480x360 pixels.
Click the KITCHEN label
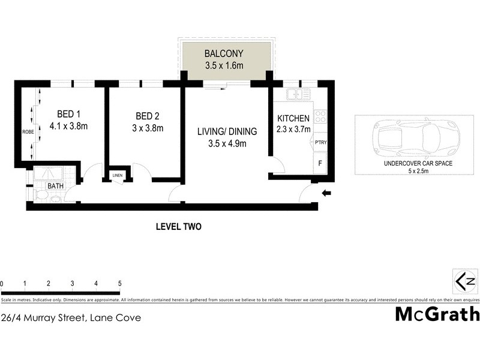293,119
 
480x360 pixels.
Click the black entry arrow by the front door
326,193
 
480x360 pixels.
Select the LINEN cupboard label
118,176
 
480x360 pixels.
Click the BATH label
56,186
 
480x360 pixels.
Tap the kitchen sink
295,94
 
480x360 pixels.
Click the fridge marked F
319,163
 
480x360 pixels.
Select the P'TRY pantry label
320,142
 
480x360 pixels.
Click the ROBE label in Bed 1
28,131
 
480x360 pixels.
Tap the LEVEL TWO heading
178,227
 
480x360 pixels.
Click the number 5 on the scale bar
119,283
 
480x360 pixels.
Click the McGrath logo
437,314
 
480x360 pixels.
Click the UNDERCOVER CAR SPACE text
418,164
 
